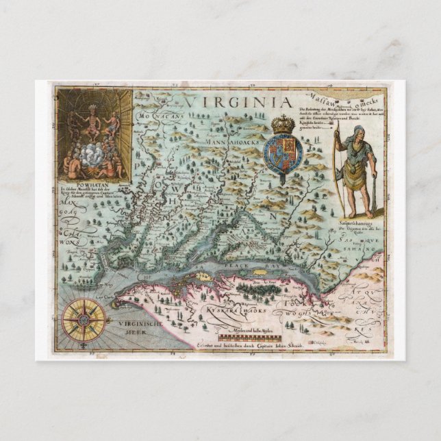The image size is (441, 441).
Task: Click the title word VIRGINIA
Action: coord(229,101)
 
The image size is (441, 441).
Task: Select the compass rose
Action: coord(85,318)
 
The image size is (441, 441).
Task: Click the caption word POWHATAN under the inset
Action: coord(81,184)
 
